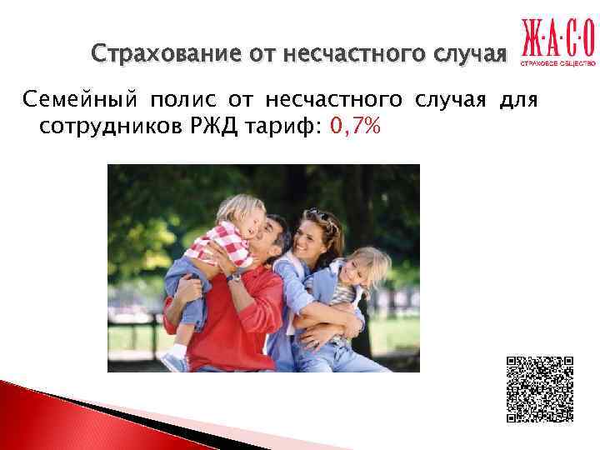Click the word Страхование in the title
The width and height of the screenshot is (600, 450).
click(153, 55)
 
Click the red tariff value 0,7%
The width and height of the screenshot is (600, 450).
click(354, 127)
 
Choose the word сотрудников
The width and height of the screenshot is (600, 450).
click(109, 127)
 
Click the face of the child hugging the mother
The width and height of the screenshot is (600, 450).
click(354, 268)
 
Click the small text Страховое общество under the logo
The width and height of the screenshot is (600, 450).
click(558, 64)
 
